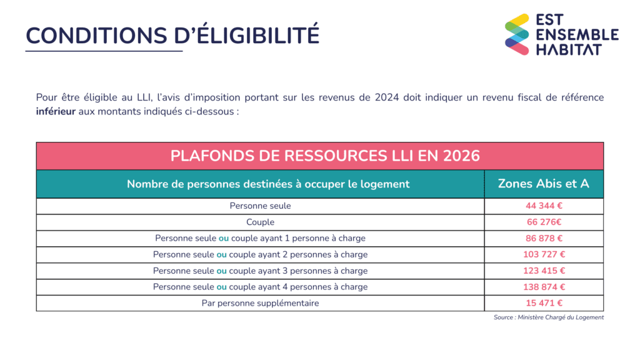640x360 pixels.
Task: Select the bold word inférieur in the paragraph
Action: click(x=56, y=112)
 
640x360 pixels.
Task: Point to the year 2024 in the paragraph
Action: click(x=389, y=97)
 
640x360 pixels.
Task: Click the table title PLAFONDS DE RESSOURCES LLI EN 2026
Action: click(x=325, y=156)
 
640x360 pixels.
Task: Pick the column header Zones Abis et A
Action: click(x=543, y=184)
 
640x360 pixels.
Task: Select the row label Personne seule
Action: click(x=260, y=206)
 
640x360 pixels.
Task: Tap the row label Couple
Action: click(x=260, y=222)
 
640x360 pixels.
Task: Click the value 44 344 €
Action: click(x=544, y=206)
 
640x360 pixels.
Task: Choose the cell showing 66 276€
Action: click(x=544, y=222)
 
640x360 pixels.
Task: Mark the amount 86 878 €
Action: click(x=544, y=238)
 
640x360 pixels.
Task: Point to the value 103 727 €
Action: click(x=544, y=254)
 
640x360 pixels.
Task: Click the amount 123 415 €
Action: click(x=544, y=271)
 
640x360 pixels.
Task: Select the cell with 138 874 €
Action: click(x=544, y=287)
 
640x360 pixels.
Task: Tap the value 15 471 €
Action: click(x=544, y=303)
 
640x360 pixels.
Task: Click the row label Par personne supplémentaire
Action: click(x=260, y=303)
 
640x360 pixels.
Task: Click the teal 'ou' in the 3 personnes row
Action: click(x=221, y=271)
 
